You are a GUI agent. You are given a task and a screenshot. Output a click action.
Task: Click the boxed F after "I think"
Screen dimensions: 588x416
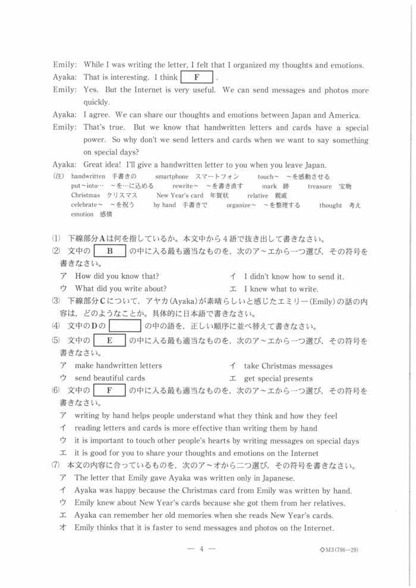coord(196,78)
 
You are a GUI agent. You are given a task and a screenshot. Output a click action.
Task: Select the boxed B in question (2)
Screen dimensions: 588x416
coord(109,251)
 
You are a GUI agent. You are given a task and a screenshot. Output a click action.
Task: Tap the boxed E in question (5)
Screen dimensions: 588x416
coord(109,341)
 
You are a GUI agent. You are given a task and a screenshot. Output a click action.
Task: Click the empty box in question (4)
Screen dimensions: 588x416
coord(124,326)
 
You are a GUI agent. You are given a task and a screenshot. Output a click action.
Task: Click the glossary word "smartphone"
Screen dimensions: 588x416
coord(172,177)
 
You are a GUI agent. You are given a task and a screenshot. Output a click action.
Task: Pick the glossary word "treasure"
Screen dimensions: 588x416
coord(320,186)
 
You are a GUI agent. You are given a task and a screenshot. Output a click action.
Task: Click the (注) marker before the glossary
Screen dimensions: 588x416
coord(58,177)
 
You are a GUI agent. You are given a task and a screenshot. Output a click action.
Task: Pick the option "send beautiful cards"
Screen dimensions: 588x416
coord(110,378)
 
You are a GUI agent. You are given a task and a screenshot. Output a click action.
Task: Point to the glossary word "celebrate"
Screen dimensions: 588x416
coord(86,205)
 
